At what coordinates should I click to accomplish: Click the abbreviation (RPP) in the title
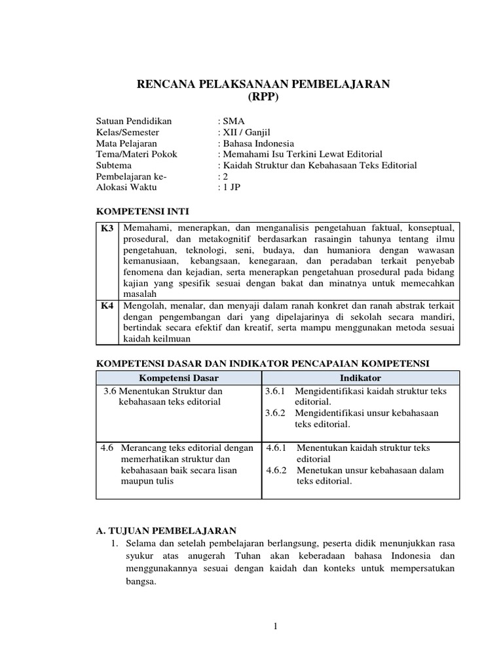coord(263,97)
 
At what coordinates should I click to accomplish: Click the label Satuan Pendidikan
coord(134,122)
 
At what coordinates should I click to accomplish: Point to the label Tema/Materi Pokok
coord(136,155)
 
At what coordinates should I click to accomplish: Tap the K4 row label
coord(107,306)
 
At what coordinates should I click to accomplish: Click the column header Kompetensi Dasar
coord(179,378)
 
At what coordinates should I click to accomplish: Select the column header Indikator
coord(360,378)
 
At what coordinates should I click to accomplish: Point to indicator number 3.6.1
coord(276,391)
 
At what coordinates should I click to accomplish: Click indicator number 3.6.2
coord(276,413)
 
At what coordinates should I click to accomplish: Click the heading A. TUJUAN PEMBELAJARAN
coord(166,530)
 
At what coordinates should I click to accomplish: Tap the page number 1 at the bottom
coord(276,627)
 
